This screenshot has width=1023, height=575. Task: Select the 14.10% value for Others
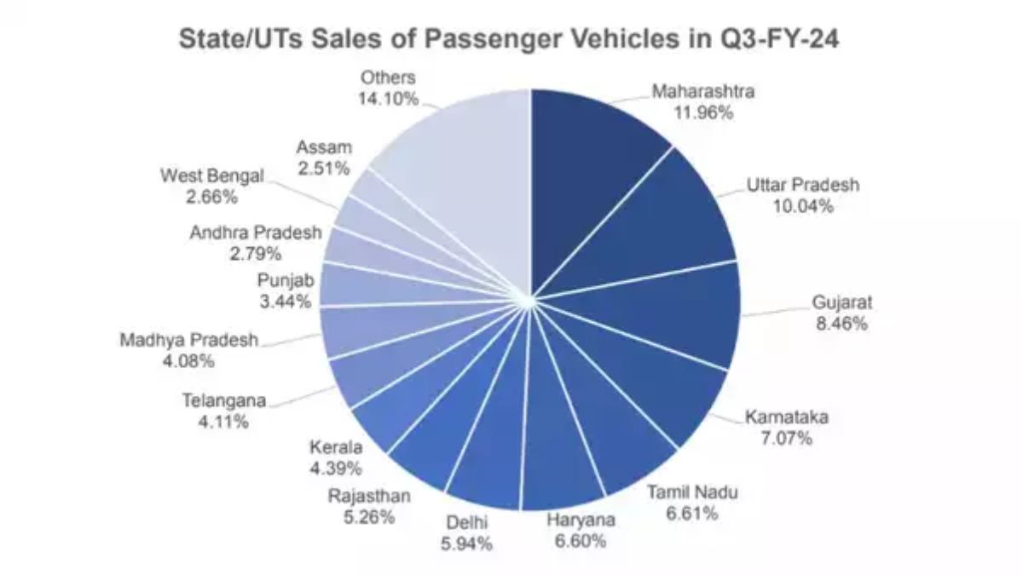(388, 99)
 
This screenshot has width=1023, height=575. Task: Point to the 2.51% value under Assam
(324, 169)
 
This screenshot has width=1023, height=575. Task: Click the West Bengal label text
(212, 176)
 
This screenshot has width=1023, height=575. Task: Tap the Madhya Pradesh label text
(188, 340)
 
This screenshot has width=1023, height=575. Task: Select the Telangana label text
(224, 400)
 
